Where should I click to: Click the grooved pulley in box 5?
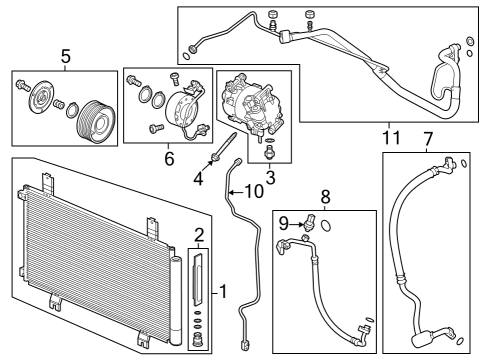[x=94, y=107]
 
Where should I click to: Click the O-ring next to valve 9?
[x=329, y=226]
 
